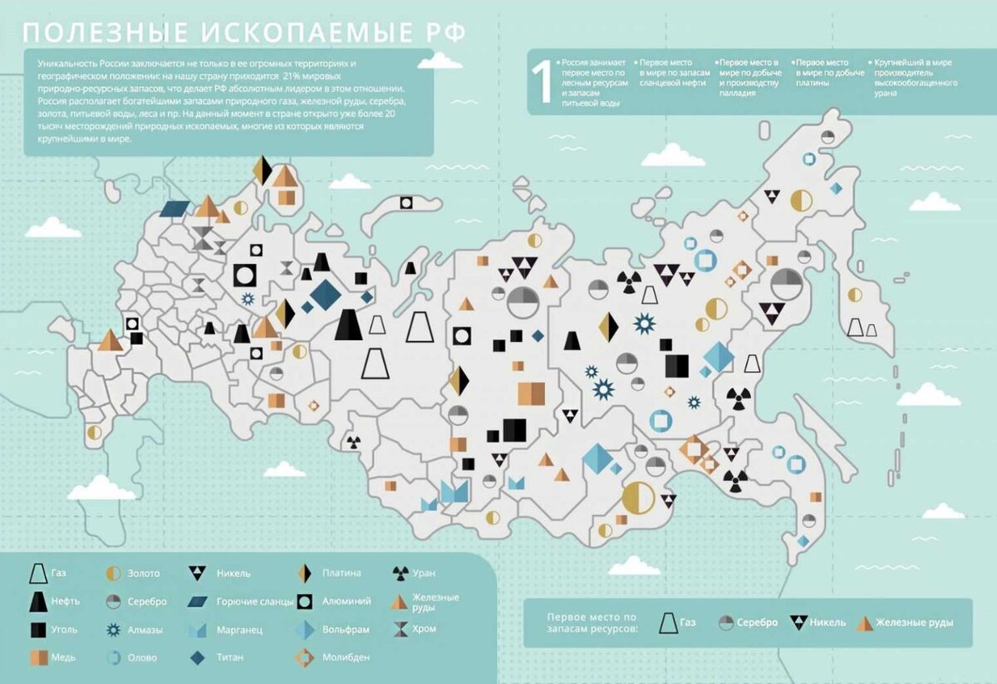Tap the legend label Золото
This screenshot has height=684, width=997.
click(144, 574)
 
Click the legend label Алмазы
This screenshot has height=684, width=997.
click(145, 630)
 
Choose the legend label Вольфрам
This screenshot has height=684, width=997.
click(345, 630)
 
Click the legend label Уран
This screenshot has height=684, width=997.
click(424, 574)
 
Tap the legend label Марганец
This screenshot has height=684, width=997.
click(239, 630)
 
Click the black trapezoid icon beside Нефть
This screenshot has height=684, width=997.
click(37, 602)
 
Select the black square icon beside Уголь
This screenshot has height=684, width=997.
click(37, 630)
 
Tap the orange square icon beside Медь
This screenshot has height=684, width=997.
click(37, 658)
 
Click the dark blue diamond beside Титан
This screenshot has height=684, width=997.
click(198, 658)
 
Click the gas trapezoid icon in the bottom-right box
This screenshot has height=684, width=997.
click(667, 623)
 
